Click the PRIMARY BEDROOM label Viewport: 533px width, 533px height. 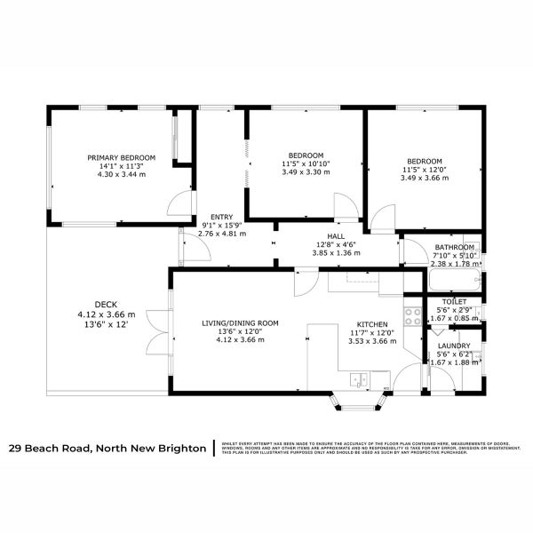122,157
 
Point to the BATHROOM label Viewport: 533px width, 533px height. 456,247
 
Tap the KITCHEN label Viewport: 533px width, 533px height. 371,323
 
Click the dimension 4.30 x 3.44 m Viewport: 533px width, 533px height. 122,175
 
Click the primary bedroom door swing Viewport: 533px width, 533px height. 180,204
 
